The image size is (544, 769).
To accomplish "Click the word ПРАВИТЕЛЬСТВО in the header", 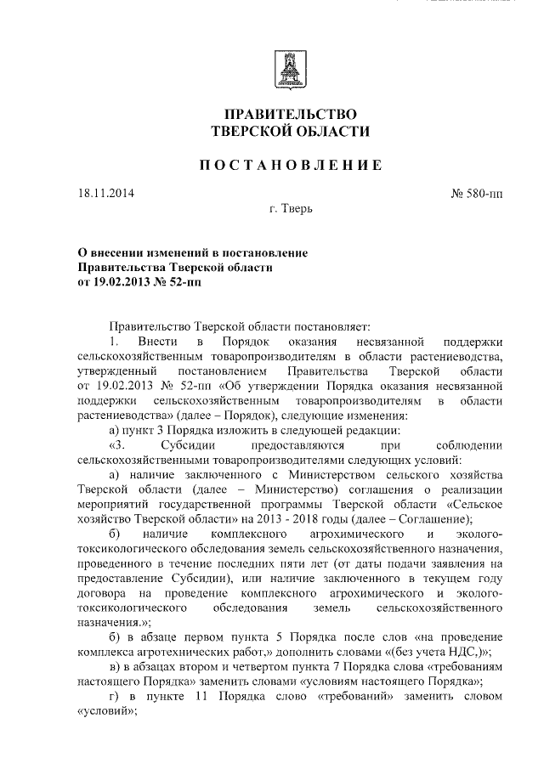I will (290, 114).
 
